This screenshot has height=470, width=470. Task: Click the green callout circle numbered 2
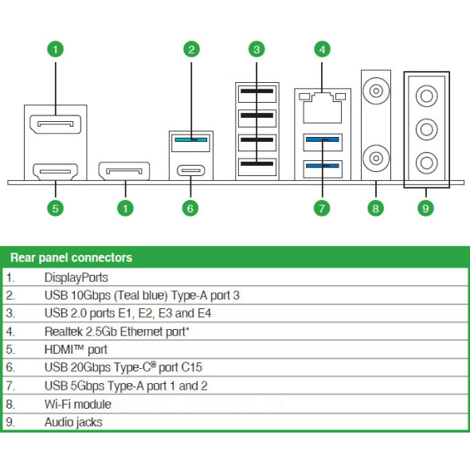[191, 49]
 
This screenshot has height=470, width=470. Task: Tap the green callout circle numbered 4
[322, 49]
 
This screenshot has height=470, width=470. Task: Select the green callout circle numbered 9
[425, 209]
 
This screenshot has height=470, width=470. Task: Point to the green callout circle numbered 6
[190, 209]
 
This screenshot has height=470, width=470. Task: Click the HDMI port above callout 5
[56, 172]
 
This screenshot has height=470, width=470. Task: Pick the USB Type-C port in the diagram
[191, 170]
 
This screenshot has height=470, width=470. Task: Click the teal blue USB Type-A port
[191, 143]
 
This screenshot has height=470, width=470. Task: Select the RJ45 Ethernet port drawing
[322, 108]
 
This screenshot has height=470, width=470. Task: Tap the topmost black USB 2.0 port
[257, 94]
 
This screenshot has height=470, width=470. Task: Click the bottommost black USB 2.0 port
[257, 167]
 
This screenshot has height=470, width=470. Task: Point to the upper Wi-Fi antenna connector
[376, 91]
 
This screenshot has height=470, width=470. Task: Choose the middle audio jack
[426, 130]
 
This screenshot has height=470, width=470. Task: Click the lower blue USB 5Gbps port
[323, 169]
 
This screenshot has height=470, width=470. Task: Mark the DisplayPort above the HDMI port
[56, 124]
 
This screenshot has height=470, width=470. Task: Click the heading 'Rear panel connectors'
[72, 258]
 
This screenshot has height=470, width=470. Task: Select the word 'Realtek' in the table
[64, 332]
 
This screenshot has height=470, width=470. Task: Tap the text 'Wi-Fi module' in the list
[78, 405]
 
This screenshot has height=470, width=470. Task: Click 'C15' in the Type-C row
[192, 367]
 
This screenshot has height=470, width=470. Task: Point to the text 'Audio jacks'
[73, 422]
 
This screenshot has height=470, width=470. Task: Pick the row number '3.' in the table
[10, 314]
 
